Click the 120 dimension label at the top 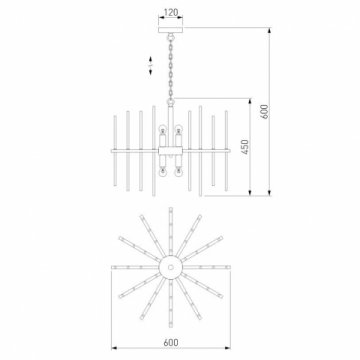[x=171, y=13]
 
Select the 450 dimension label [x=245, y=147]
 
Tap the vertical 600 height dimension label [x=264, y=112]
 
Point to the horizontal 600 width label [x=171, y=342]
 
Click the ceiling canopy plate [x=171, y=30]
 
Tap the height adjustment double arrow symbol [x=150, y=65]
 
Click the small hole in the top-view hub [x=171, y=267]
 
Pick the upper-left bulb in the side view [x=163, y=128]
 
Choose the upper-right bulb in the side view [x=179, y=128]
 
